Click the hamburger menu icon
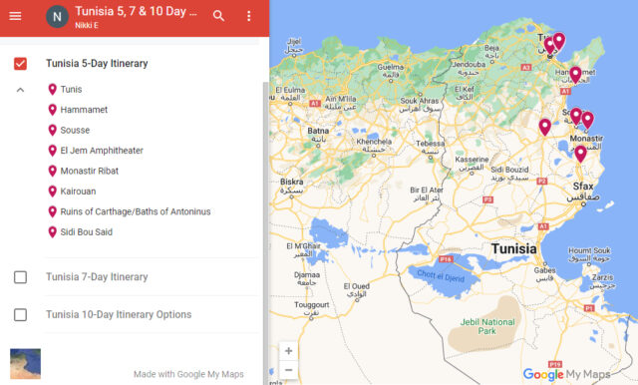tap(15, 16)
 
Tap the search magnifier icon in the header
tap(218, 16)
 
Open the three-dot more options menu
tap(248, 16)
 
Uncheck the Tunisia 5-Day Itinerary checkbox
tap(20, 64)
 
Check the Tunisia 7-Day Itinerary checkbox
tap(20, 277)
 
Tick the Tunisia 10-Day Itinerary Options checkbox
tap(20, 315)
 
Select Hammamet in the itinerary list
tap(84, 110)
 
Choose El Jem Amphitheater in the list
tap(101, 151)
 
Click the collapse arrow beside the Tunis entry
tap(20, 90)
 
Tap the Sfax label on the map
tap(582, 187)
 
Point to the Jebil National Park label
tap(486, 324)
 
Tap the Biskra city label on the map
tap(292, 183)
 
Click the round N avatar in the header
tap(56, 17)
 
